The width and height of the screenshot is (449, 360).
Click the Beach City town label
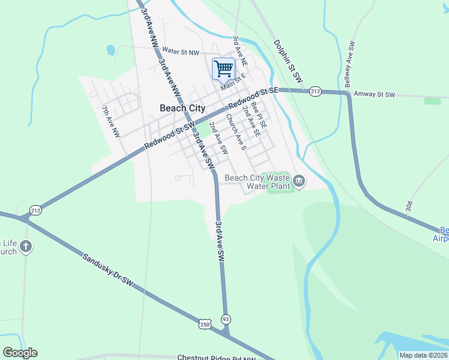(182, 109)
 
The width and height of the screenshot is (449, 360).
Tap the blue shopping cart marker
(223, 68)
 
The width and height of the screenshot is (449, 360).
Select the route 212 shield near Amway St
(316, 91)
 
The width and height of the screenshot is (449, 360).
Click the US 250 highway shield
(205, 324)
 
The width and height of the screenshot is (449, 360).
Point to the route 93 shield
(225, 319)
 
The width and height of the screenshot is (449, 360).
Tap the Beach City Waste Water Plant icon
(299, 181)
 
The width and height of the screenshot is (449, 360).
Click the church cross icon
(25, 246)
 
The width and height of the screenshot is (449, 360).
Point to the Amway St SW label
(373, 95)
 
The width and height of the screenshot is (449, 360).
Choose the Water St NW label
(180, 53)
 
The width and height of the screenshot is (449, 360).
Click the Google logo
(20, 353)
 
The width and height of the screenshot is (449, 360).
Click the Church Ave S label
(235, 132)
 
